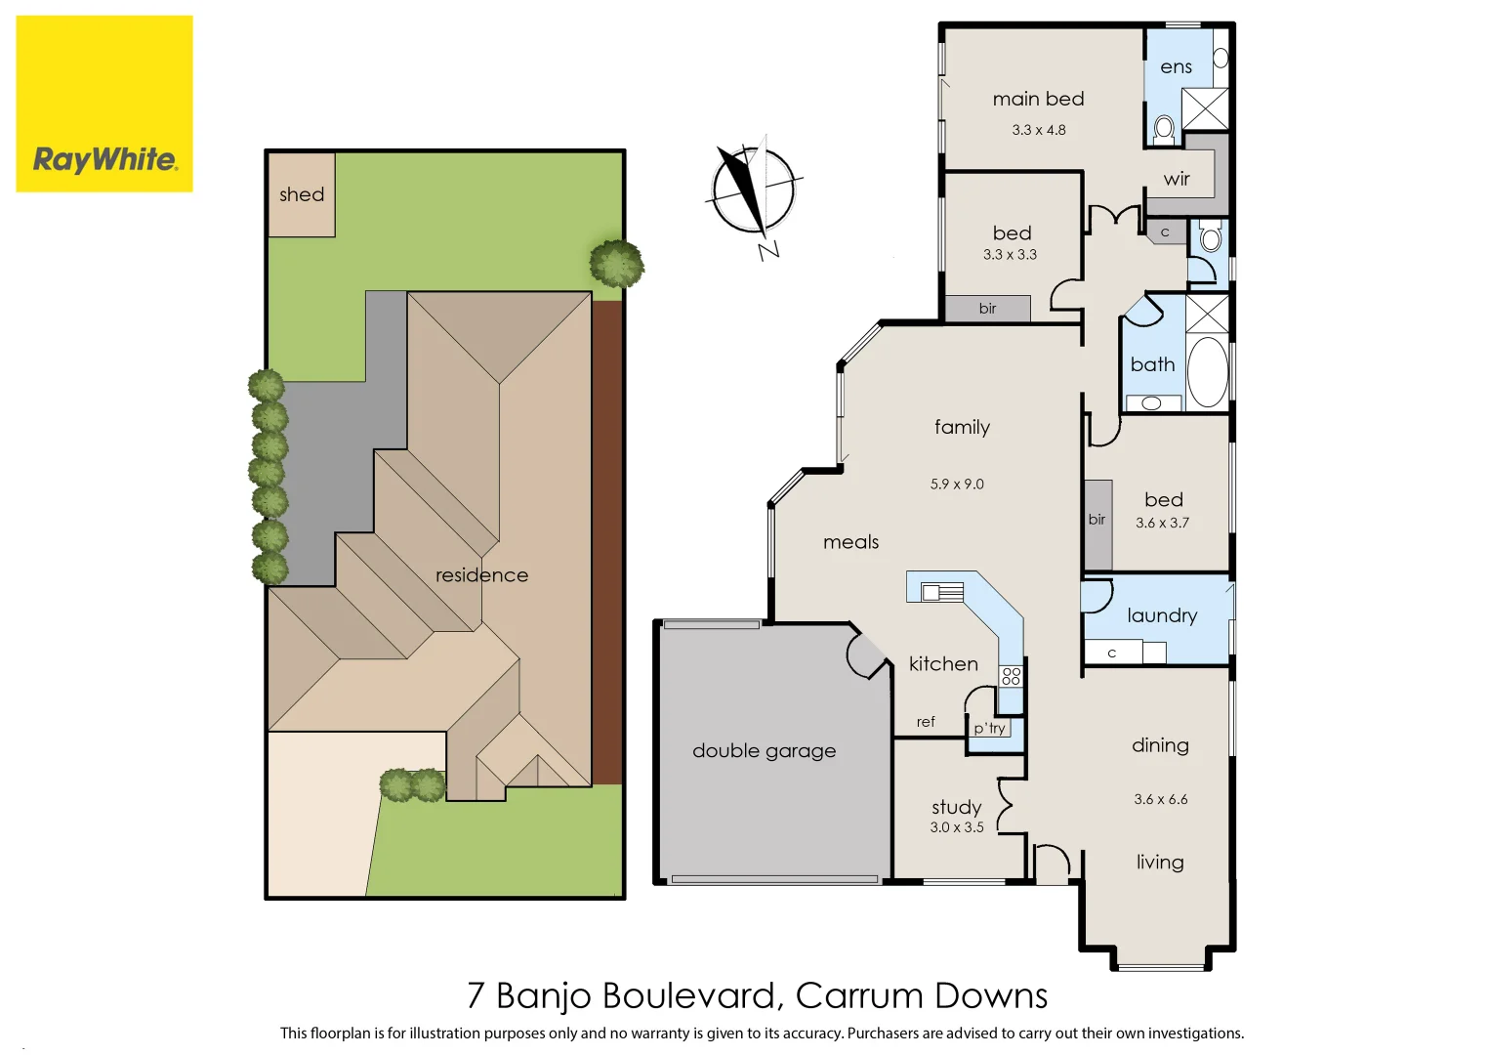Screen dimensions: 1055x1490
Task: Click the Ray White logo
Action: pos(104,104)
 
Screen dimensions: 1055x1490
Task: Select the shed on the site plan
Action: pos(302,194)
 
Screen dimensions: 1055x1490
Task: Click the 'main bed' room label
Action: pos(1038,99)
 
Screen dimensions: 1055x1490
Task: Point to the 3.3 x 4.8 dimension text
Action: pos(1038,130)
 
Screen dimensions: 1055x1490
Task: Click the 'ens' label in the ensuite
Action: pos(1176,67)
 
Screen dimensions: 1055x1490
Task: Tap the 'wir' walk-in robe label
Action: pos(1177,179)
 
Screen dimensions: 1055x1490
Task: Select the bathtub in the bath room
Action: pos(1208,372)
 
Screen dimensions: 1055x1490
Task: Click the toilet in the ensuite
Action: pos(1164,128)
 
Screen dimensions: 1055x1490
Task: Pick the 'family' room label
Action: pos(962,427)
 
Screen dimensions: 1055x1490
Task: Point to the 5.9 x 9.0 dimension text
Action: pos(957,485)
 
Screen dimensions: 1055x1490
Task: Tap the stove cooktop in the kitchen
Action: pos(1011,676)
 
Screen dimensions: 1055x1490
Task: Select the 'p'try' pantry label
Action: pos(989,729)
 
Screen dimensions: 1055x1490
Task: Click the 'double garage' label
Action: pos(764,751)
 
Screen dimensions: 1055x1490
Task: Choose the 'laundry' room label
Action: pos(1161,615)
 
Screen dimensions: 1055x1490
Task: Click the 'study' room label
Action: pos(956,807)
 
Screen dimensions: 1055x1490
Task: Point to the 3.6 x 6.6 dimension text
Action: pos(1160,800)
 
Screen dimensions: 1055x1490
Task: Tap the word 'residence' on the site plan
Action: pos(481,575)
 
